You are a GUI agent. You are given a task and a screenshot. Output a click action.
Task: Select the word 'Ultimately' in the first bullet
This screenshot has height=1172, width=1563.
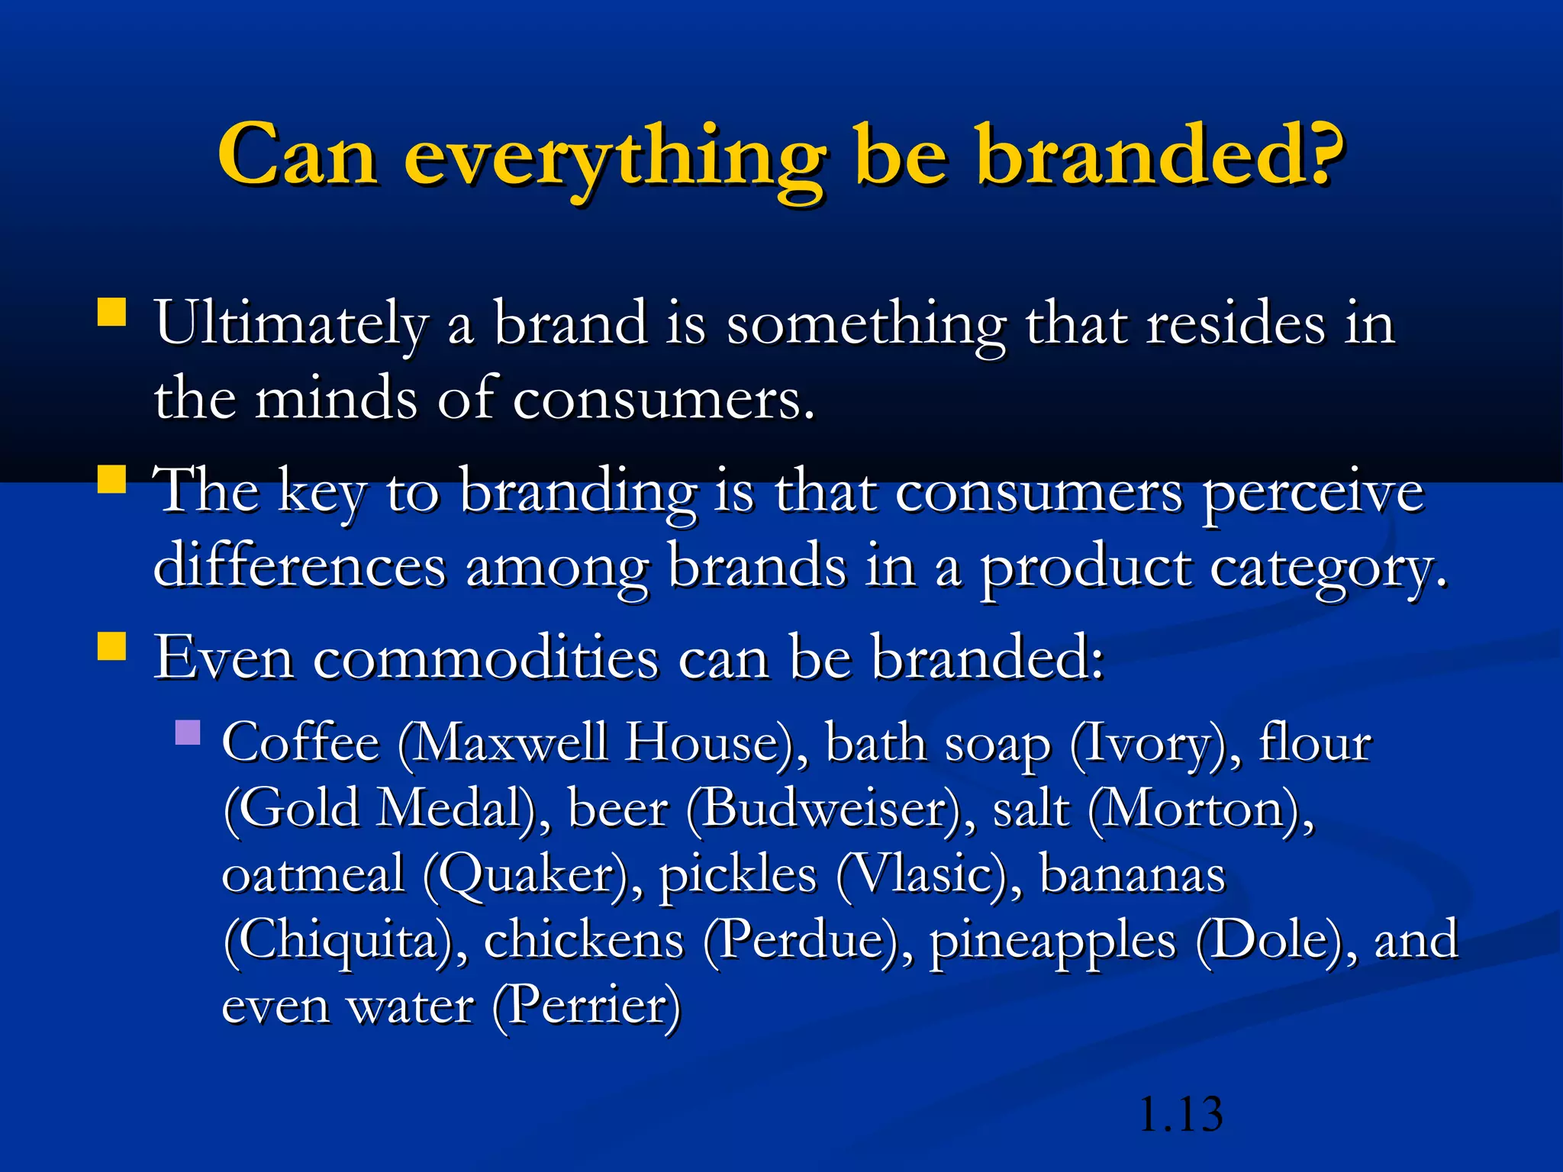coord(290,324)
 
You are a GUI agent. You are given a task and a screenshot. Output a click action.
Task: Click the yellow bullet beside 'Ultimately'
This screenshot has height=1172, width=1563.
coord(112,312)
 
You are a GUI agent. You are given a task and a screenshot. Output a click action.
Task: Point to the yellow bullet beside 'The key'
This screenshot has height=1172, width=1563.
coord(112,480)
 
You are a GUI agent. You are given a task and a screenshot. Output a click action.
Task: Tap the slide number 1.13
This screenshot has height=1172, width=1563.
coord(1180,1115)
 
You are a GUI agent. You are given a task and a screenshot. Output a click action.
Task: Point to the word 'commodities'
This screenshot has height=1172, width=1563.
coord(485,658)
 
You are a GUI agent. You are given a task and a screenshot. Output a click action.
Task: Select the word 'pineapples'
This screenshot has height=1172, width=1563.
coord(1052,941)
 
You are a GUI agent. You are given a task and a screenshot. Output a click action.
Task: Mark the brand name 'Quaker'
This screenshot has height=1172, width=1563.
coord(527,875)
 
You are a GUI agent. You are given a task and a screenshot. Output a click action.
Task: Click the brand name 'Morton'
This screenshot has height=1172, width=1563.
coord(1195,809)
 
